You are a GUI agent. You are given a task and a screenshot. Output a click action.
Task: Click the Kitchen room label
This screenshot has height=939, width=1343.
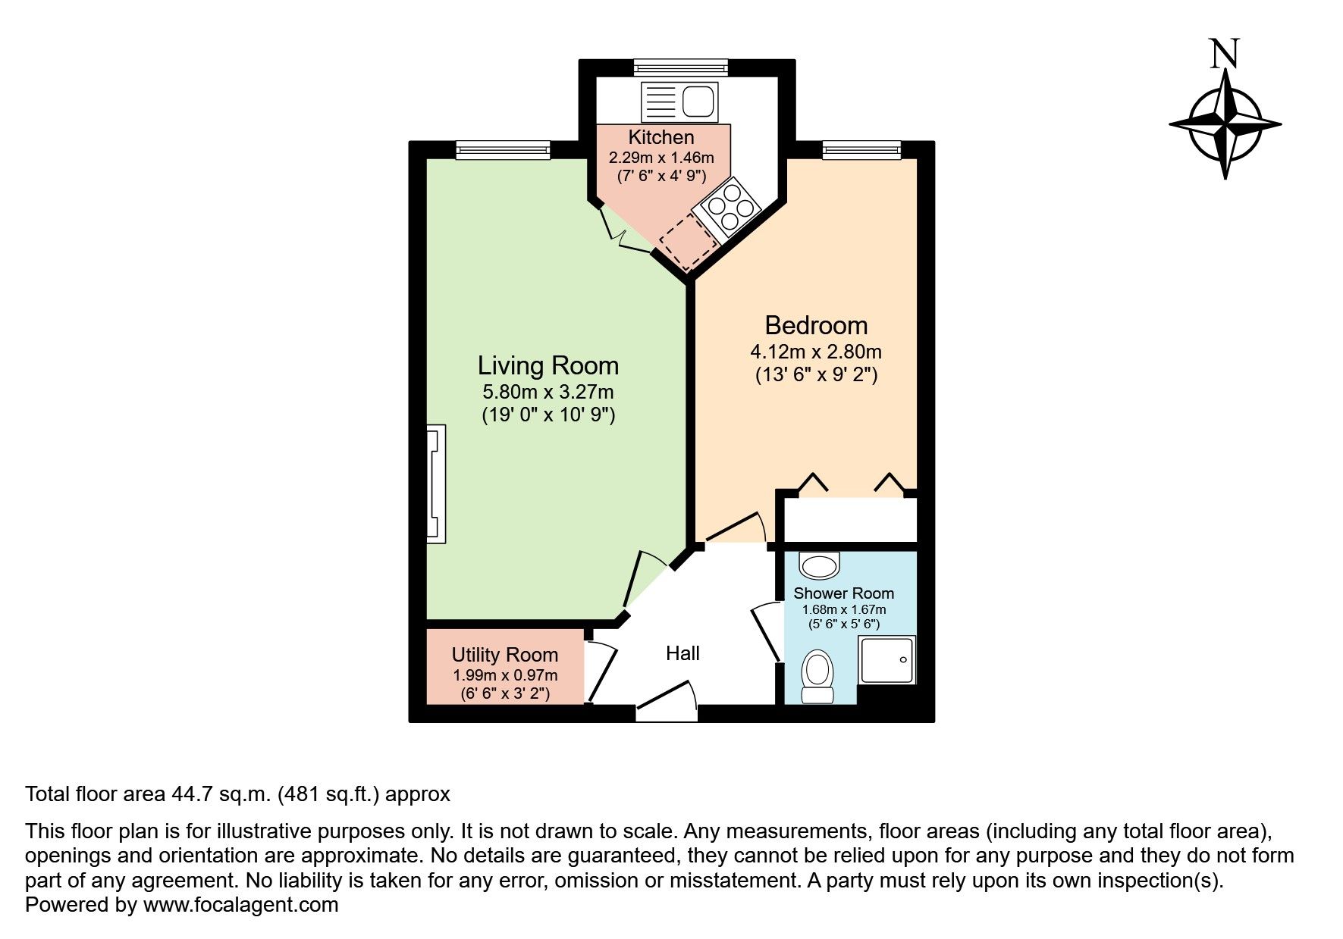[661, 137]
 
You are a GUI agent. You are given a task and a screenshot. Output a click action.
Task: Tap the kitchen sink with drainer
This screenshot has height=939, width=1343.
[678, 102]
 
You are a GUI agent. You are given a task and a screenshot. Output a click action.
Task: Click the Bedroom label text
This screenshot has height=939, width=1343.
[815, 325]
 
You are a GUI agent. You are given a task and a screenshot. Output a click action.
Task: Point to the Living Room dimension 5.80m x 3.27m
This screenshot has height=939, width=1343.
[548, 393]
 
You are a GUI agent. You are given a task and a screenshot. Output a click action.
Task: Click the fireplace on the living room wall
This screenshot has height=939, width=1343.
[436, 484]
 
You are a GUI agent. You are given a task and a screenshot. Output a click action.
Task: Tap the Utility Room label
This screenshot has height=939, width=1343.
[504, 655]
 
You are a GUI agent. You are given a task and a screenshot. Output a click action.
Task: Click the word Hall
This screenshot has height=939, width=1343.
[682, 653]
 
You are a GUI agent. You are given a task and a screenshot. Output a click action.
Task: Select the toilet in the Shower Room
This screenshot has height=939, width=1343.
[817, 677]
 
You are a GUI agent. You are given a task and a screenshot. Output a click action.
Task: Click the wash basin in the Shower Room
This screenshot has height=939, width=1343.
[819, 565]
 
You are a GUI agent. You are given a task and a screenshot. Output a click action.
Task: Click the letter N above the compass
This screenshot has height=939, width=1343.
[1225, 54]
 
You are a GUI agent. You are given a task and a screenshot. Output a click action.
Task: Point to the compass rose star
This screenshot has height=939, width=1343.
[1225, 123]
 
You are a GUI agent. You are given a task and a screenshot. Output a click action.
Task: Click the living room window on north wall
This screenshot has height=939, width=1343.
[502, 150]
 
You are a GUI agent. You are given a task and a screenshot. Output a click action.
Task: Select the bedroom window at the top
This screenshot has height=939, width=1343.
[861, 150]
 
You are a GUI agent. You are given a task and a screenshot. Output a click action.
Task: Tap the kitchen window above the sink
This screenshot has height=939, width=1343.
[680, 67]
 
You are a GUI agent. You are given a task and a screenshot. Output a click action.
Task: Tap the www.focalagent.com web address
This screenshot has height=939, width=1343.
[240, 905]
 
